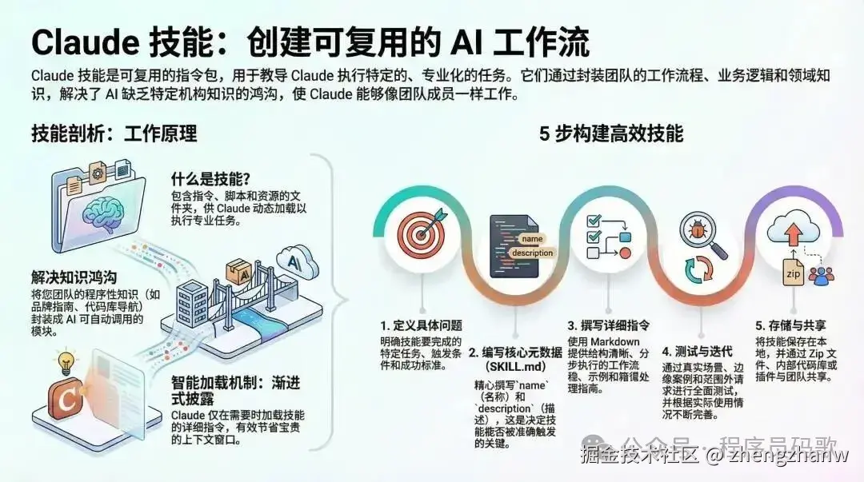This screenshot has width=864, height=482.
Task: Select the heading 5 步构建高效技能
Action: (611, 133)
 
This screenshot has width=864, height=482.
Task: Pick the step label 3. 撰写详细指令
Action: (609, 325)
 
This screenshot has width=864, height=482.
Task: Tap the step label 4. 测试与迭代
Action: (698, 351)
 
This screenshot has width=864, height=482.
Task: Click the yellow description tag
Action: (532, 253)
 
